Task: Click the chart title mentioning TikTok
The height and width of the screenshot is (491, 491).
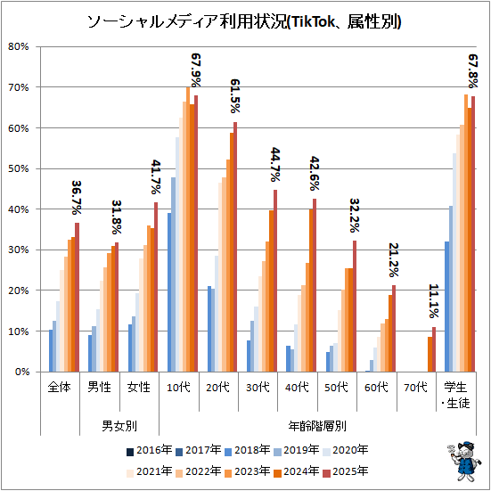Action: tap(244, 22)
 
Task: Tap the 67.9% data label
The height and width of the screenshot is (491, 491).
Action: tap(196, 70)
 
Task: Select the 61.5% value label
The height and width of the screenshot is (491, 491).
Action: tap(235, 96)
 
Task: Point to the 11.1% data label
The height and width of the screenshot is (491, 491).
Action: tap(434, 301)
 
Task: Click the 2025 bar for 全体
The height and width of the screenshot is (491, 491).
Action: tap(77, 297)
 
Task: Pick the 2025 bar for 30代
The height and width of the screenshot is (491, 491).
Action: tap(275, 281)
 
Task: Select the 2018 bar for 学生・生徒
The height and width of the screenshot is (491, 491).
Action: tap(446, 307)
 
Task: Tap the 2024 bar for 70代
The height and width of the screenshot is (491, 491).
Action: tap(430, 354)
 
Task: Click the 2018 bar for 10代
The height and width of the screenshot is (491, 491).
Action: tap(169, 292)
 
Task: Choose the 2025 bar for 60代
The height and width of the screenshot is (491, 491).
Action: tap(394, 329)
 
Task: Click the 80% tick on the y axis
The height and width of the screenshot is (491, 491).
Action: tap(19, 47)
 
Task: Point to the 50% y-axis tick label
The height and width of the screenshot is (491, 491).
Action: tap(19, 168)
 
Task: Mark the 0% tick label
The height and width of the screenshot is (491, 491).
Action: tap(21, 372)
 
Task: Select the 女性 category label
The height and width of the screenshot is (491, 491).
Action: tap(139, 388)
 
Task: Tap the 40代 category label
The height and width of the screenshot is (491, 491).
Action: tap(297, 388)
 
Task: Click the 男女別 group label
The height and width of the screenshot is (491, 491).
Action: tap(119, 426)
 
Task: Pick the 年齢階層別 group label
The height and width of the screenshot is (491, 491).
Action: tap(317, 426)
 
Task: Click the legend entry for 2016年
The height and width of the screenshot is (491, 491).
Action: tap(149, 450)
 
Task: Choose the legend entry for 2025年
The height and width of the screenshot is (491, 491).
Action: tap(346, 471)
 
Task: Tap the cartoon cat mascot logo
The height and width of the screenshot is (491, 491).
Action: tap(464, 461)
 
